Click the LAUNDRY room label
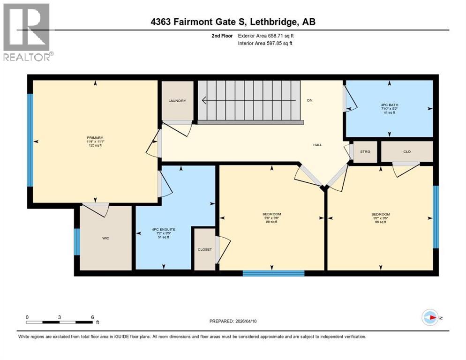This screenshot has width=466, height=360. click(177, 101)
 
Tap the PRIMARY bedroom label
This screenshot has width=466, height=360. click(94, 138)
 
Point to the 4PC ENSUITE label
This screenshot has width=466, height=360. click(163, 229)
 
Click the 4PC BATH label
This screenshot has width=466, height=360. click(389, 105)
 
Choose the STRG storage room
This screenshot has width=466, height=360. click(365, 151)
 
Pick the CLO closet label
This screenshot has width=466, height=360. click(406, 151)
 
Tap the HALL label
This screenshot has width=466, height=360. click(317, 145)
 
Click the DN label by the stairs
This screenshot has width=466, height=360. click(309, 100)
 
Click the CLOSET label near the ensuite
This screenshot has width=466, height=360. click(205, 249)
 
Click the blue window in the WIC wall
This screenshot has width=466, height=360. click(76, 242)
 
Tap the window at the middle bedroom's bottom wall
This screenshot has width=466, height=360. click(273, 273)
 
